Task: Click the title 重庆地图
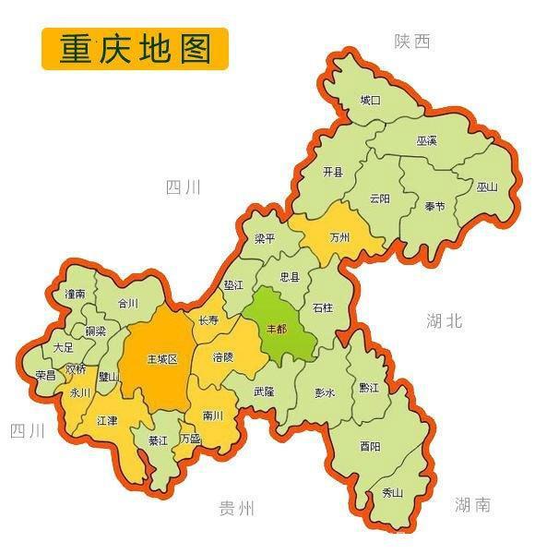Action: pos(135,49)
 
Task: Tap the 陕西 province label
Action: pos(412,41)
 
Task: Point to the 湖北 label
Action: pos(445,321)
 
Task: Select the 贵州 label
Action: pos(236,508)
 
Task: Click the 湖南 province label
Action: pos(472,504)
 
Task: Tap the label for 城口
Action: pos(370,100)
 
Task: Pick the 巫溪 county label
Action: pos(426,140)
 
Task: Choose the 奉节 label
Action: pos(434,205)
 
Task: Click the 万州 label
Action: pos(339,237)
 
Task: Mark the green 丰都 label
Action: pos(277,328)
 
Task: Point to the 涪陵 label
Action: pos(223,356)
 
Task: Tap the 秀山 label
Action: pos(392,493)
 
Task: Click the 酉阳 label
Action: pos(370,446)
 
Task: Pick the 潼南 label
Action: pos(76,294)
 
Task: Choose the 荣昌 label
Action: pos(45,375)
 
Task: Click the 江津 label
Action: pos(107,420)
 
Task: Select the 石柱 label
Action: pos(323,307)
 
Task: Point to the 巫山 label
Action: pos(487,187)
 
